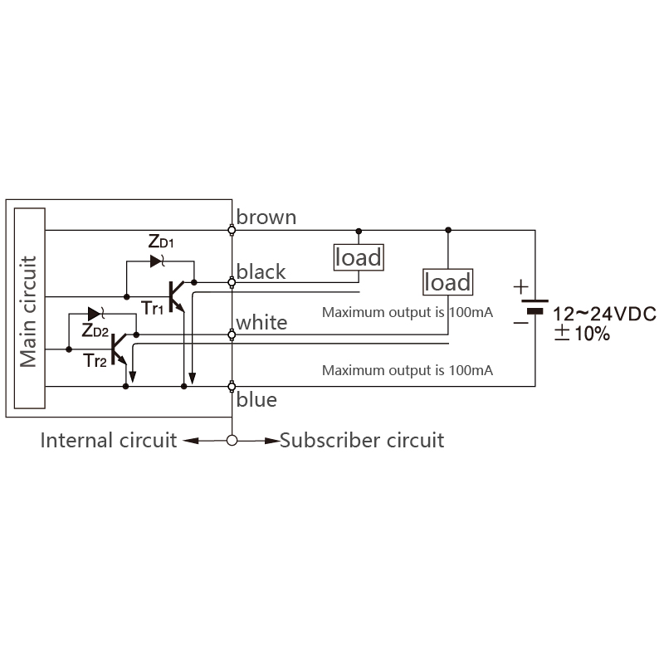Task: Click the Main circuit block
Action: point(30,308)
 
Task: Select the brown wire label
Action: point(266,217)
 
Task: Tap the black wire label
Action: point(261,271)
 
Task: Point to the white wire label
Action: point(261,323)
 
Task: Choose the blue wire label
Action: point(256,400)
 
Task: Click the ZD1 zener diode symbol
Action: point(157,261)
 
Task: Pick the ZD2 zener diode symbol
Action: point(95,314)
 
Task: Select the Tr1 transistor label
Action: point(152,308)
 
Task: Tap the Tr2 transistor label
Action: point(95,361)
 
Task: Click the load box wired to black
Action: point(359,257)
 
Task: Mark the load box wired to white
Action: point(448,282)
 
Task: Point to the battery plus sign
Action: point(521,287)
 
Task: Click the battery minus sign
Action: point(521,323)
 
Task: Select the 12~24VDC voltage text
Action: point(605,315)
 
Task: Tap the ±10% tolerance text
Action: point(583,334)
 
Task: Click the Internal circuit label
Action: point(109,441)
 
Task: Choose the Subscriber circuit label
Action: point(362,441)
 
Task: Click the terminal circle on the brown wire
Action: point(232,231)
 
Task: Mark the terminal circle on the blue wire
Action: point(232,386)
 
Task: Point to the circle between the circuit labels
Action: point(232,441)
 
